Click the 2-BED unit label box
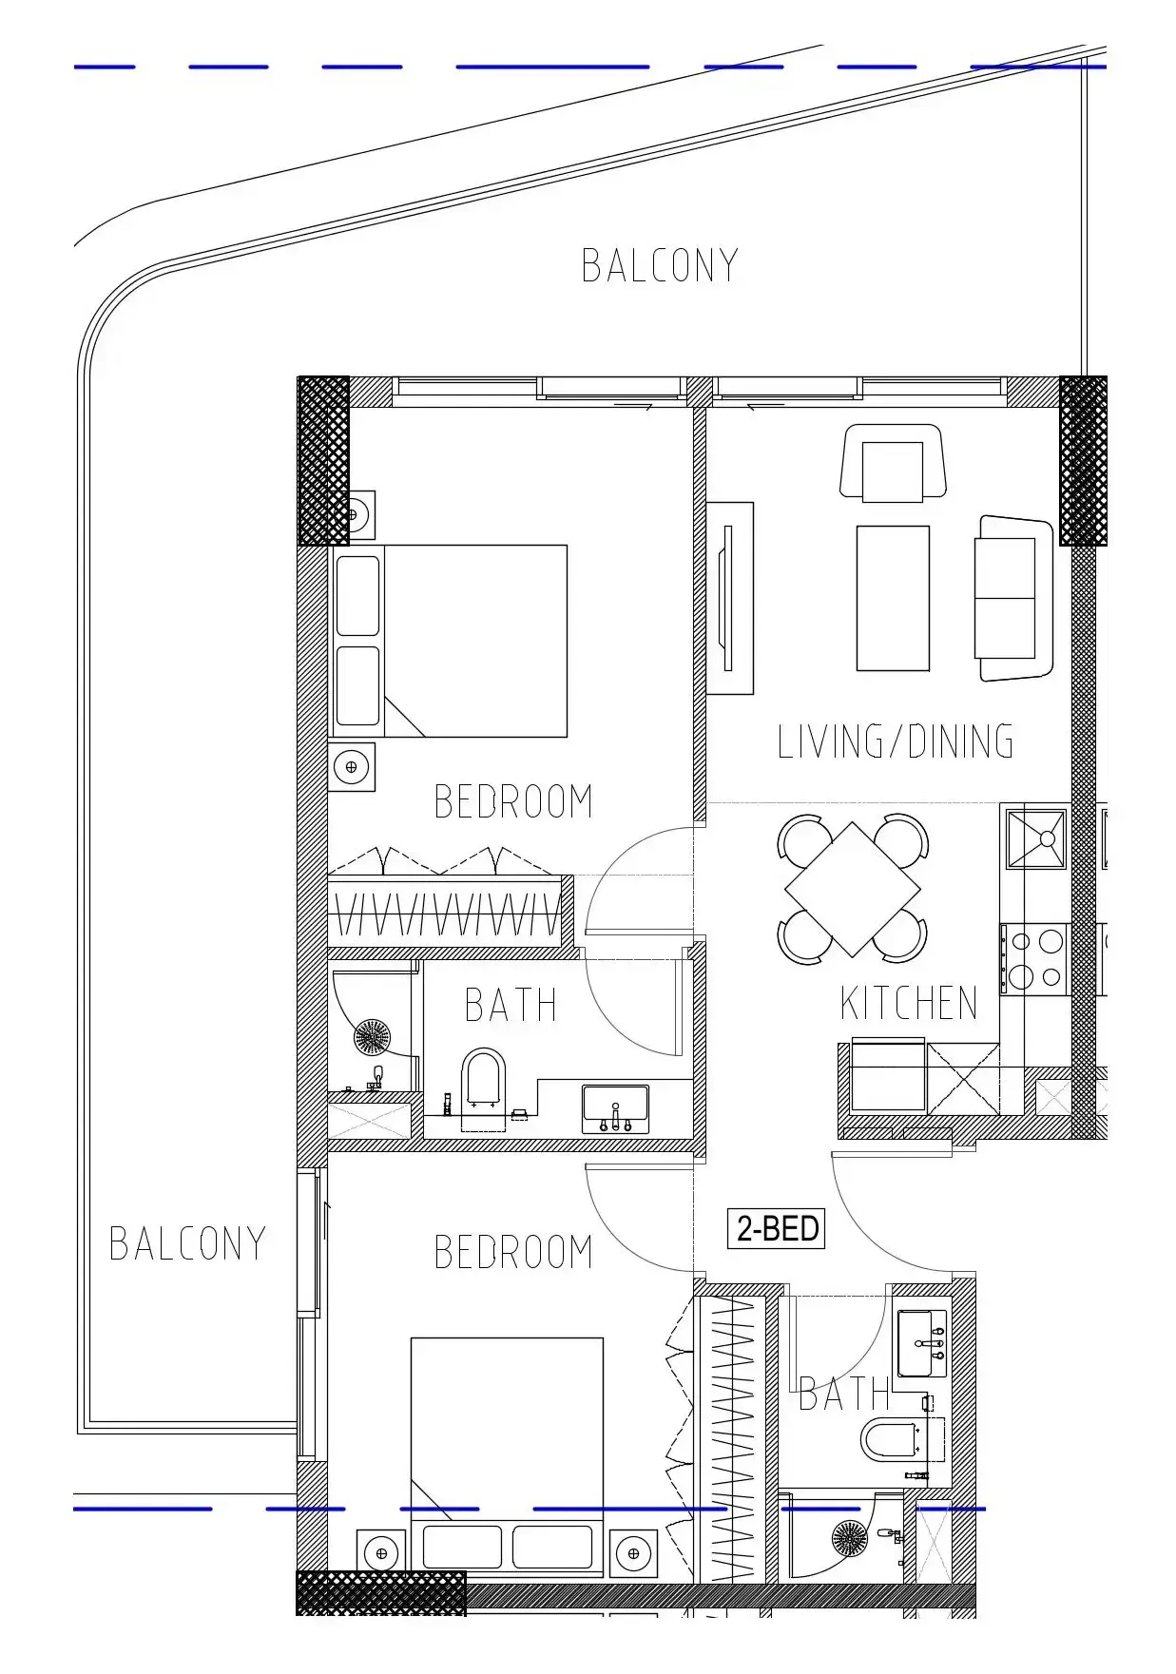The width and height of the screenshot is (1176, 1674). pyautogui.click(x=776, y=1228)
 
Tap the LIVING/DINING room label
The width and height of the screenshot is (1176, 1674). pyautogui.click(x=896, y=741)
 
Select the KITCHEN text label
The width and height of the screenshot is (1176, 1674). pyautogui.click(x=909, y=1003)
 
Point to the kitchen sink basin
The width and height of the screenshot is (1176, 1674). pyautogui.click(x=1036, y=838)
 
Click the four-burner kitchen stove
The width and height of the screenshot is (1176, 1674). pyautogui.click(x=1034, y=958)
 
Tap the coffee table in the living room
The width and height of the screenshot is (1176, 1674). pyautogui.click(x=893, y=598)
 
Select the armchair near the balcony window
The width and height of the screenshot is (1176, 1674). pyautogui.click(x=893, y=463)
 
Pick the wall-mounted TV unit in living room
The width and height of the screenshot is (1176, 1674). pyautogui.click(x=729, y=598)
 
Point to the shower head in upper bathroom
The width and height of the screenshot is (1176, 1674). pyautogui.click(x=372, y=1037)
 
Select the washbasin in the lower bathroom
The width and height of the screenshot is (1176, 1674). pyautogui.click(x=922, y=1343)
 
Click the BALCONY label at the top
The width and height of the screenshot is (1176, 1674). pyautogui.click(x=660, y=266)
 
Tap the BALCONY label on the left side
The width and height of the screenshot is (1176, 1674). pyautogui.click(x=187, y=1243)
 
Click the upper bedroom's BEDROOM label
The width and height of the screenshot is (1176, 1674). pyautogui.click(x=513, y=801)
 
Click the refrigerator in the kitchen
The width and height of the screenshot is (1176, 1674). pyautogui.click(x=888, y=1075)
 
